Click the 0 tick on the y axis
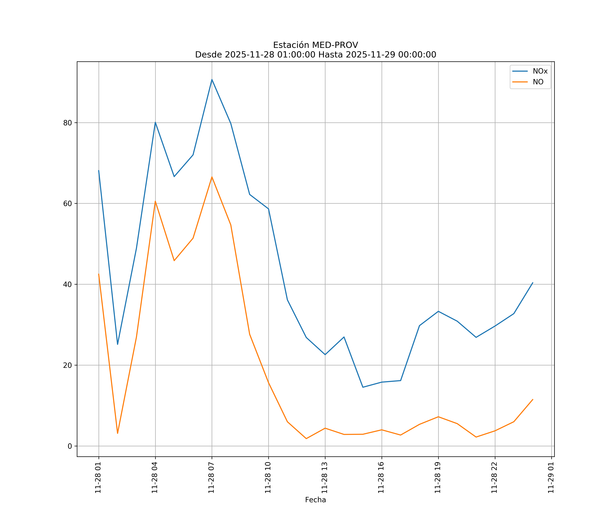point(70,446)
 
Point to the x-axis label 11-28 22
point(495,478)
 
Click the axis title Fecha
point(315,500)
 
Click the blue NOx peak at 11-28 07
point(212,80)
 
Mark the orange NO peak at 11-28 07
point(212,177)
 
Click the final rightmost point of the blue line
point(533,283)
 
